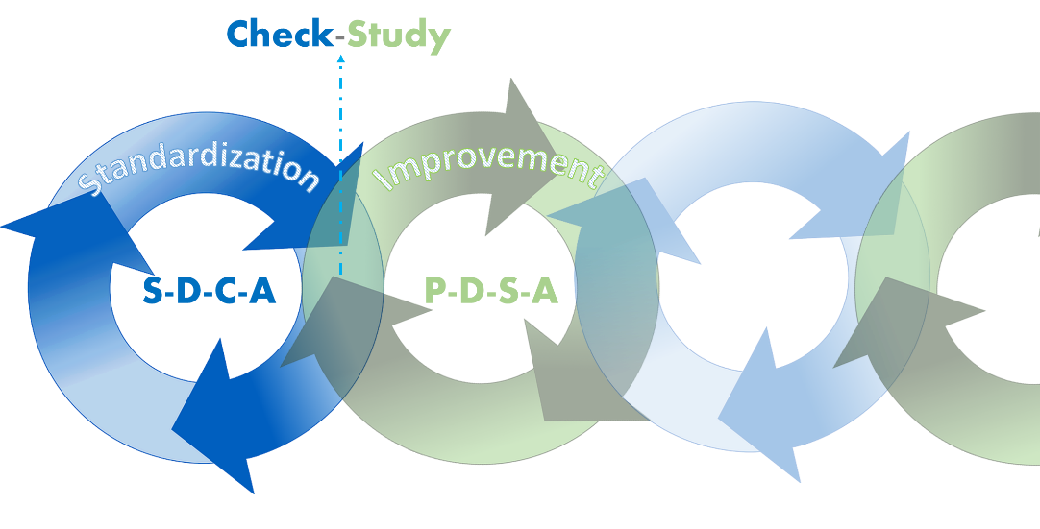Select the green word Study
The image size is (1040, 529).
click(399, 36)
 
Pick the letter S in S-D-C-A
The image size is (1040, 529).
click(153, 290)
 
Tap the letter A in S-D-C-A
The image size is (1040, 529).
click(262, 290)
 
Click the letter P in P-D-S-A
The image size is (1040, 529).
click(435, 290)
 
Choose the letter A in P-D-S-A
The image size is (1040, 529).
click(545, 290)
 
